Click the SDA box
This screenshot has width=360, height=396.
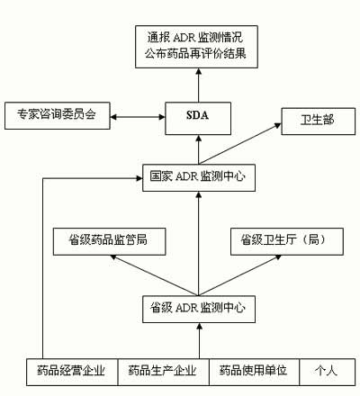pos(198,118)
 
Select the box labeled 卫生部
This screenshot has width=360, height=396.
pos(318,121)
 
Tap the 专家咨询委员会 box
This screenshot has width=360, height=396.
pos(58,116)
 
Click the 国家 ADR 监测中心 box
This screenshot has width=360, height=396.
pos(199,177)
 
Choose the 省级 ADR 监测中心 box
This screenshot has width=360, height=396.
pos(199,309)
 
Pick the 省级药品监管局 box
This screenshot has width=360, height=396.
pos(110,241)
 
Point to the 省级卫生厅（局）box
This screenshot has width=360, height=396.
pos(287,241)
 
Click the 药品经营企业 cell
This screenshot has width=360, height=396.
pos(72,372)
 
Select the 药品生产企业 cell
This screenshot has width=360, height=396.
pos(164,372)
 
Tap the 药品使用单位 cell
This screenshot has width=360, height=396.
pos(254,372)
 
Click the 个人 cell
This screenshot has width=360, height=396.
pos(328,372)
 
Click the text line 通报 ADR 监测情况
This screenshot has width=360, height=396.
pos(195,38)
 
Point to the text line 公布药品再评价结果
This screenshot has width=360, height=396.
pos(195,54)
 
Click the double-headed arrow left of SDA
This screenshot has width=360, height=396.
pos(138,117)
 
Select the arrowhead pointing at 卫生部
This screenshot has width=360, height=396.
pos(278,125)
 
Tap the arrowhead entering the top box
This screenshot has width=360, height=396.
pos(198,72)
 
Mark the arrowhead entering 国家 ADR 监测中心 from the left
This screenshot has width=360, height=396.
pos(139,178)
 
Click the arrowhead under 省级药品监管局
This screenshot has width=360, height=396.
pos(113,257)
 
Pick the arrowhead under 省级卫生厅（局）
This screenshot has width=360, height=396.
pos(278,257)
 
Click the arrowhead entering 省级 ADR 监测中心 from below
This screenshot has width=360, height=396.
pos(199,327)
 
